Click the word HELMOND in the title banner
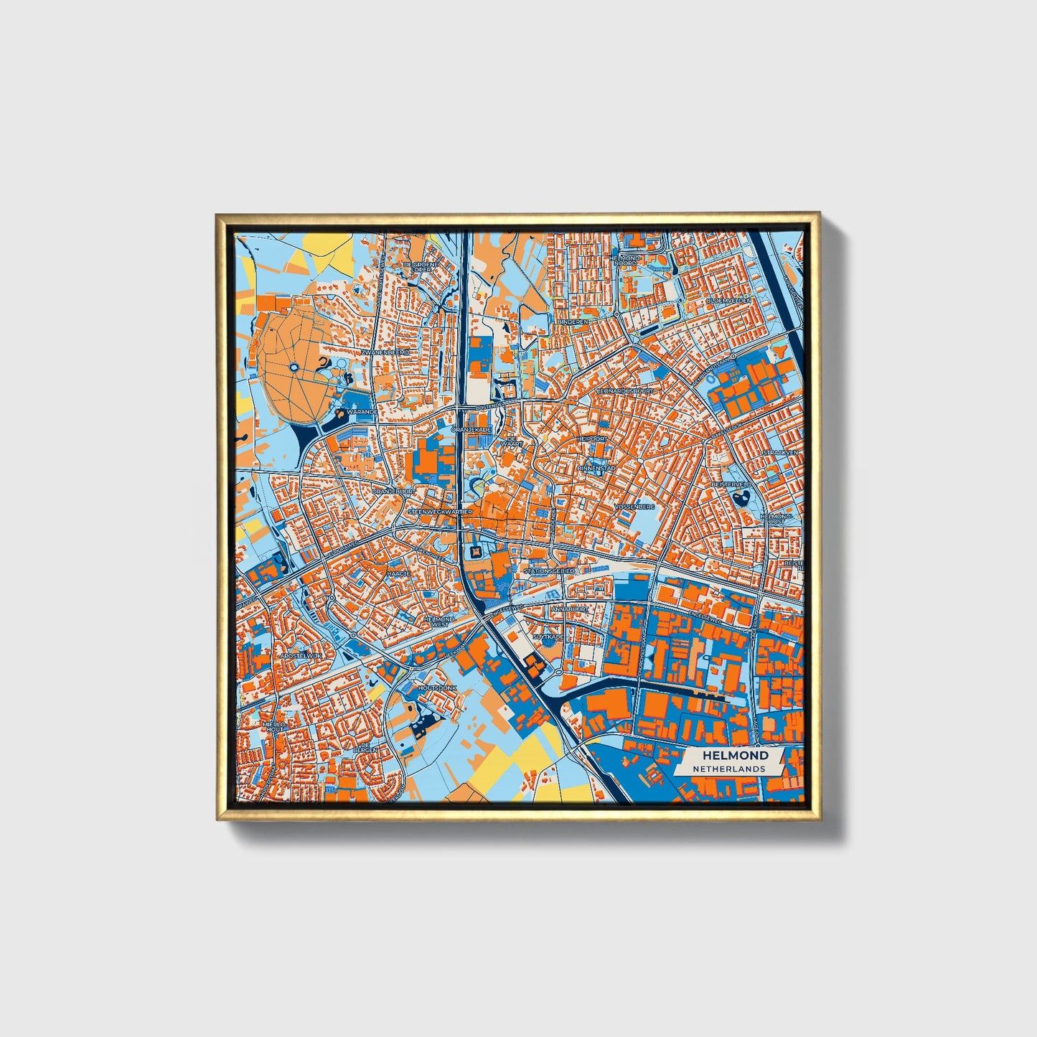(x=735, y=755)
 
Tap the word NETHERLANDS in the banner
(x=728, y=769)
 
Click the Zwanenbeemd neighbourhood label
(x=385, y=353)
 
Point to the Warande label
(x=361, y=413)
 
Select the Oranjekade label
(x=471, y=429)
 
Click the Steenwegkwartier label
(x=439, y=512)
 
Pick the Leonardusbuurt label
(x=626, y=391)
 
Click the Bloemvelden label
(x=728, y=300)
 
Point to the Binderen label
(x=573, y=322)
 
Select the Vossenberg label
(x=635, y=507)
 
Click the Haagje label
(x=399, y=575)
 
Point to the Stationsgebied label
(x=549, y=571)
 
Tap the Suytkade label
(x=549, y=636)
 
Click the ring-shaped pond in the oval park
(x=294, y=368)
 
